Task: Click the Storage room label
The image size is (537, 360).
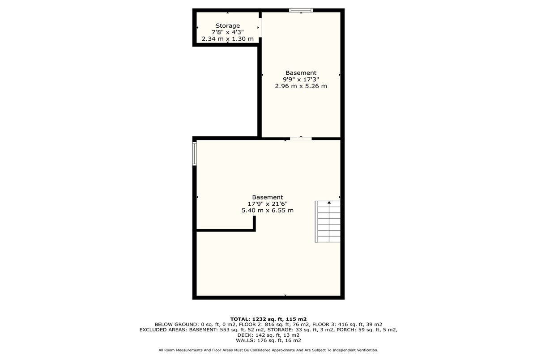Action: point(227,25)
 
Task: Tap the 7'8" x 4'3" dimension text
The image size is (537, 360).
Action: point(227,32)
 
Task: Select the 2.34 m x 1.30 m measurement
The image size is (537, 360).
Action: point(227,39)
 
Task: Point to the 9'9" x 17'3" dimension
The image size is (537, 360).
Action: point(301,79)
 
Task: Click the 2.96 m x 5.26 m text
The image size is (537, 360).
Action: point(301,86)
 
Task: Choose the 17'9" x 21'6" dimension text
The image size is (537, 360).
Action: point(268,204)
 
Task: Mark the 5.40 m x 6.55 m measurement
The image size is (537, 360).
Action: point(268,211)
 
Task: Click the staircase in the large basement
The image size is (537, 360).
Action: point(328,221)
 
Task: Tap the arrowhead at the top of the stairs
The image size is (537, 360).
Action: point(329,203)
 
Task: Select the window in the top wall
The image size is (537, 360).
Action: point(301,10)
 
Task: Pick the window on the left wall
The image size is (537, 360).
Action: point(194,153)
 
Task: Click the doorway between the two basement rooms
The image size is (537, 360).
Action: point(301,139)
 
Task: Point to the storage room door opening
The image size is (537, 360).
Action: point(260,27)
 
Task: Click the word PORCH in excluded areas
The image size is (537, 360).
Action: point(345,330)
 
